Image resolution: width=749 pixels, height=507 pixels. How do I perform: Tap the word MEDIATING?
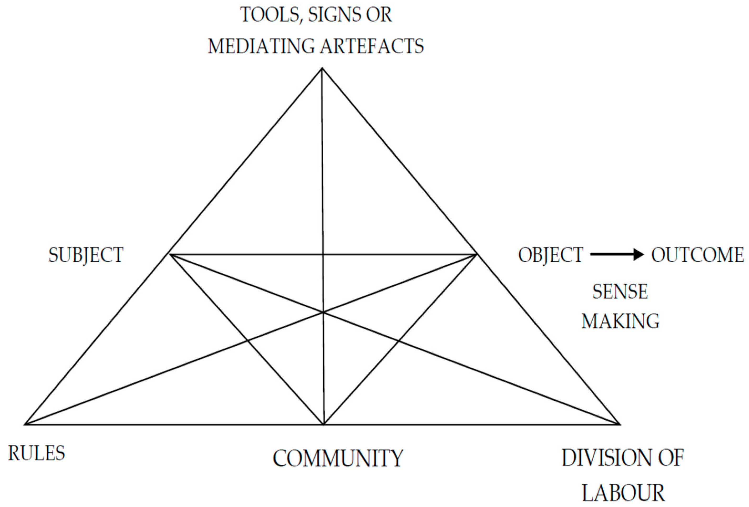[261, 46]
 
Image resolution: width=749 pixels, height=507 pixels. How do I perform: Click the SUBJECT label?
[86, 255]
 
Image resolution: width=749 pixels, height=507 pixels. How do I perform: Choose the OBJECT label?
[550, 255]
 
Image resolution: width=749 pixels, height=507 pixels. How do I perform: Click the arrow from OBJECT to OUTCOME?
[617, 255]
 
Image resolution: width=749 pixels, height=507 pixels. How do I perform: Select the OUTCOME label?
[698, 255]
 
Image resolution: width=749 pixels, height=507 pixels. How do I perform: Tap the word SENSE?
[620, 292]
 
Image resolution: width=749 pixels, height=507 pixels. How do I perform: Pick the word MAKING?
[620, 321]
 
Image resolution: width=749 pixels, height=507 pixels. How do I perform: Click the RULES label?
[37, 453]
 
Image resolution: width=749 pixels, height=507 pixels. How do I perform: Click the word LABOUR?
[623, 493]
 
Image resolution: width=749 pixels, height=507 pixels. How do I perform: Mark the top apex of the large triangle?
[322, 68]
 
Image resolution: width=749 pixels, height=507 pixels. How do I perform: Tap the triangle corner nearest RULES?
[25, 425]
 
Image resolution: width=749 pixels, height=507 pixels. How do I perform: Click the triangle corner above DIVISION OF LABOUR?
[620, 425]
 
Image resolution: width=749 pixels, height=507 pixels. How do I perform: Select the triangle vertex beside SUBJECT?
[170, 255]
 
